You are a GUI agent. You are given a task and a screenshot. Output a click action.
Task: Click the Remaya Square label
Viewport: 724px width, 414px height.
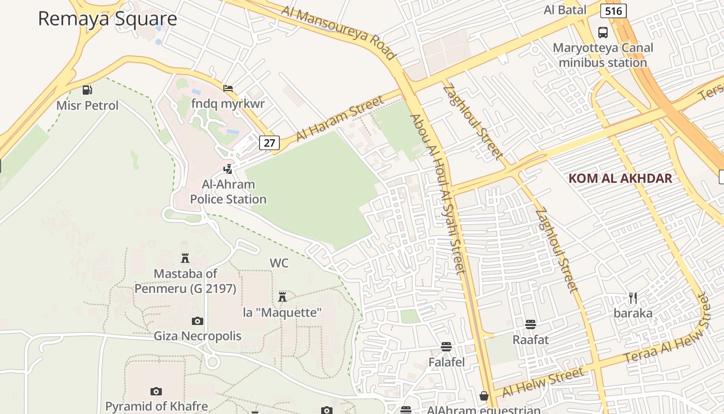pyautogui.click(x=108, y=19)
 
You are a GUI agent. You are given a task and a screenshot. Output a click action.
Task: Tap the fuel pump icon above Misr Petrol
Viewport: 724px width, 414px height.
pyautogui.click(x=87, y=90)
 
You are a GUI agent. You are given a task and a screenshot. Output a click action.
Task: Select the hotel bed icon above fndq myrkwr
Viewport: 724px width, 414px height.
pyautogui.click(x=228, y=88)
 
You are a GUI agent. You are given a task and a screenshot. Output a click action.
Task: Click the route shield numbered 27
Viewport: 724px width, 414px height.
pyautogui.click(x=269, y=143)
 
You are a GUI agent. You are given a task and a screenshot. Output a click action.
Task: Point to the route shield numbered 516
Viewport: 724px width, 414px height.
pyautogui.click(x=614, y=11)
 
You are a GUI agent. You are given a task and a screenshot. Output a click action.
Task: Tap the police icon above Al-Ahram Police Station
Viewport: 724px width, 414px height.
pyautogui.click(x=228, y=169)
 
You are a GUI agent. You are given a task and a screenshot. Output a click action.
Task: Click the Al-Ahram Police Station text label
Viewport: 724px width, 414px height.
pyautogui.click(x=228, y=191)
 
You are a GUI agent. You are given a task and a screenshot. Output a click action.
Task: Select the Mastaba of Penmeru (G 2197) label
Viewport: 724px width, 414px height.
pyautogui.click(x=185, y=281)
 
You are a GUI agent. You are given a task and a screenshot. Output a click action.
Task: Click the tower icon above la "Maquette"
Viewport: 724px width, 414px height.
pyautogui.click(x=282, y=297)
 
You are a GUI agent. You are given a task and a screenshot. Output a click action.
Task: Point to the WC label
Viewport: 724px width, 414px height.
pyautogui.click(x=279, y=263)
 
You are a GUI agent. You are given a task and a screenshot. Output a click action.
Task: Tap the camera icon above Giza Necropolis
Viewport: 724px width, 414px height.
pyautogui.click(x=197, y=321)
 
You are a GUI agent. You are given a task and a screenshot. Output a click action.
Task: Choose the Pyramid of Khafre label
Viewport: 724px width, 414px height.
pyautogui.click(x=156, y=406)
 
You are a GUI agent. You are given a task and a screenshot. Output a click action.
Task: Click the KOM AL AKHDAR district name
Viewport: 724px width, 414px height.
pyautogui.click(x=620, y=179)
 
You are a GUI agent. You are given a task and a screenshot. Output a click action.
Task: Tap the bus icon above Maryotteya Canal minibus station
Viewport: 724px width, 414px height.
pyautogui.click(x=603, y=32)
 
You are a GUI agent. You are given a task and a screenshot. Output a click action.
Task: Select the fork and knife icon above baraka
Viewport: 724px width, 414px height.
pyautogui.click(x=632, y=298)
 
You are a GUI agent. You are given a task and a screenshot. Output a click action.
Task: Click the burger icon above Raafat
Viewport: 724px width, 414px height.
pyautogui.click(x=530, y=324)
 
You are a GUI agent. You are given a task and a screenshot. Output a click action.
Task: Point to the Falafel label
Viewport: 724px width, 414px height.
pyautogui.click(x=446, y=362)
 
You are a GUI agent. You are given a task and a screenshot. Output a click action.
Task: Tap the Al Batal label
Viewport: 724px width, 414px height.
pyautogui.click(x=565, y=10)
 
